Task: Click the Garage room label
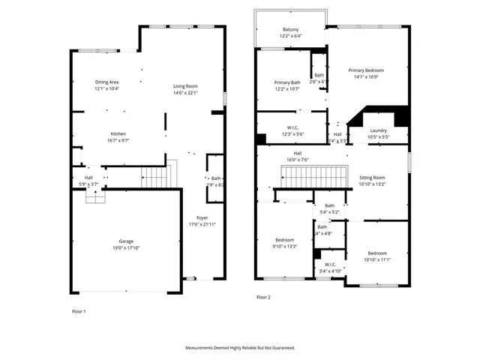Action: coord(125,241)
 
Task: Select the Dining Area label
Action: coord(106,82)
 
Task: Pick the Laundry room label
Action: coord(378,130)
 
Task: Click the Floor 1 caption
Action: coord(79,310)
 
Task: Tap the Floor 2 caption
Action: coord(263,297)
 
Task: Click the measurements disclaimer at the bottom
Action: coord(240,348)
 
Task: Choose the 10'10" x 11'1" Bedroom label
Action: coord(376,253)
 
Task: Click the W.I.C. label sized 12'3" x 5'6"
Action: coord(293,127)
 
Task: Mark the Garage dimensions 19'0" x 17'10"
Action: coord(125,247)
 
